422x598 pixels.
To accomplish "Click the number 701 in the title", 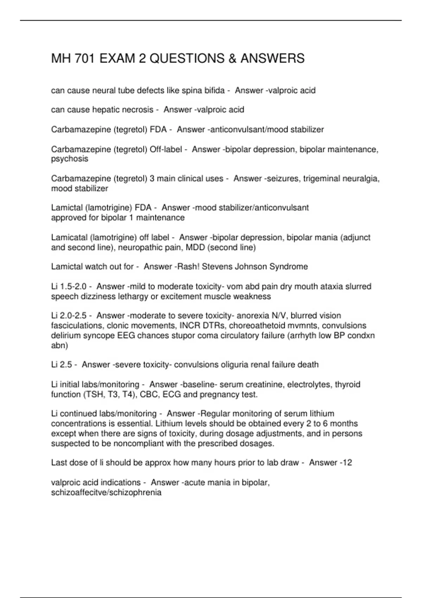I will tap(85, 58).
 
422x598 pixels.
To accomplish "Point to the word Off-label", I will tap(166, 149).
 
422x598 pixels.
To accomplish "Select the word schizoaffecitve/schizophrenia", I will tap(106, 492).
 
